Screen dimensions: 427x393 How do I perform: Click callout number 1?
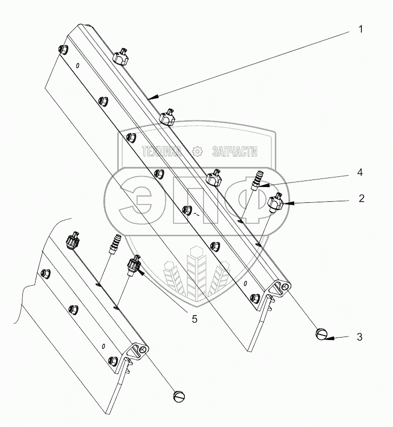(x=360, y=29)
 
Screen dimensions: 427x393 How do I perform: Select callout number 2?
(x=361, y=198)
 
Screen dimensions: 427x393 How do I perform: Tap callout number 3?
(x=359, y=337)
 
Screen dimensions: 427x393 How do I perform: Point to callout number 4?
(x=360, y=173)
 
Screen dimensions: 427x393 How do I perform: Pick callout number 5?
(x=193, y=319)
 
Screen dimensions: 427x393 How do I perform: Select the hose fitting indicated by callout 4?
(x=257, y=180)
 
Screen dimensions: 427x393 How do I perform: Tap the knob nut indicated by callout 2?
(x=276, y=201)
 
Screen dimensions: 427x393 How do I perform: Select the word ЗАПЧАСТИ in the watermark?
(x=234, y=151)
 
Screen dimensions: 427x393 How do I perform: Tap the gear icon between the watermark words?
(x=198, y=151)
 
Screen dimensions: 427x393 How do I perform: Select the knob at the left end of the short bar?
(x=73, y=239)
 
